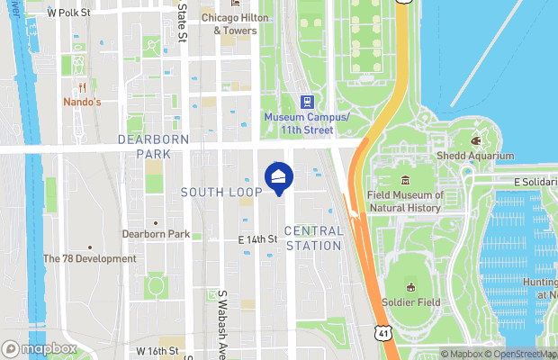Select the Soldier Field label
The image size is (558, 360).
(x=410, y=302)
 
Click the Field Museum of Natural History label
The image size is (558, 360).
(x=405, y=201)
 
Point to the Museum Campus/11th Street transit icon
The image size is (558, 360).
(x=306, y=102)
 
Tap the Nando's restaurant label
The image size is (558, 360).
(x=82, y=102)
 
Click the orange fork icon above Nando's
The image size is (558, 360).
(x=82, y=87)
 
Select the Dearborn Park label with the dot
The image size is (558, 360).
(x=156, y=234)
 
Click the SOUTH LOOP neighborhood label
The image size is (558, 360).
(x=220, y=192)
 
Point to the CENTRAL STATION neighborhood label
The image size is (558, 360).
(x=313, y=237)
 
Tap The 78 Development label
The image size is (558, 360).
(x=90, y=258)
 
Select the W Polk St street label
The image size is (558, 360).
(x=68, y=13)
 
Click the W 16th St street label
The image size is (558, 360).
(x=158, y=349)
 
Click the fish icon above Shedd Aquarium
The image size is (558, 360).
(x=477, y=140)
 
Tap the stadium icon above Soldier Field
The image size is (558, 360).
(x=410, y=288)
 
